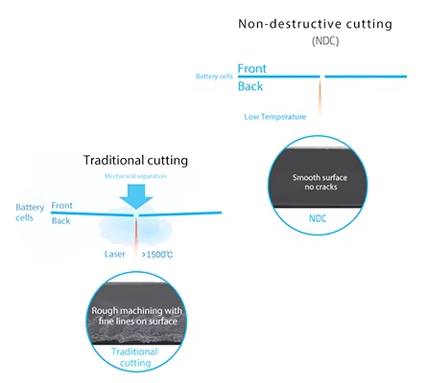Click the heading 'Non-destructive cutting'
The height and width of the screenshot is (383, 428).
[315, 24]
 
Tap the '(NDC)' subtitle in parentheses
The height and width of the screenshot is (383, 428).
[325, 41]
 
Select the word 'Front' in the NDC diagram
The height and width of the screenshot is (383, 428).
[251, 68]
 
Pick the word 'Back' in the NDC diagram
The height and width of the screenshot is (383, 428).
[250, 86]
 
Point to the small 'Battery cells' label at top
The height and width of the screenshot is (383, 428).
[214, 77]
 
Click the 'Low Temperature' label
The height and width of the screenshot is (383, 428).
[275, 117]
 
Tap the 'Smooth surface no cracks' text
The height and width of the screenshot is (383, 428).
[320, 182]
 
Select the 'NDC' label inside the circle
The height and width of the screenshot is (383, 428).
[318, 218]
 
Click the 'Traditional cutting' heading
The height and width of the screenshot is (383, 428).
[135, 160]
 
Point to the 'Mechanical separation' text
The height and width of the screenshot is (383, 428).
[135, 176]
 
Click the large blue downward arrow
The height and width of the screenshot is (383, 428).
[136, 196]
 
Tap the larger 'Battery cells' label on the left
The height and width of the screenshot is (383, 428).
[30, 213]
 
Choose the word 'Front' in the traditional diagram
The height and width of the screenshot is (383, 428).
[62, 206]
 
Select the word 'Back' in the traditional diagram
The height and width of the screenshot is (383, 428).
[60, 220]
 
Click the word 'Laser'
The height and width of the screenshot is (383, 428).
[114, 254]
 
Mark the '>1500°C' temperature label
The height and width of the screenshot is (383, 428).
[157, 255]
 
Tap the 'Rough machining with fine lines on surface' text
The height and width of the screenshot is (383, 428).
[137, 316]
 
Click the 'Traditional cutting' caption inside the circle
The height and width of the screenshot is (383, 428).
[134, 357]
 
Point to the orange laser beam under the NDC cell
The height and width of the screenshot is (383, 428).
[320, 99]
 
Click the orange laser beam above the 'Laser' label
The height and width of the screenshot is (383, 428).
[136, 236]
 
